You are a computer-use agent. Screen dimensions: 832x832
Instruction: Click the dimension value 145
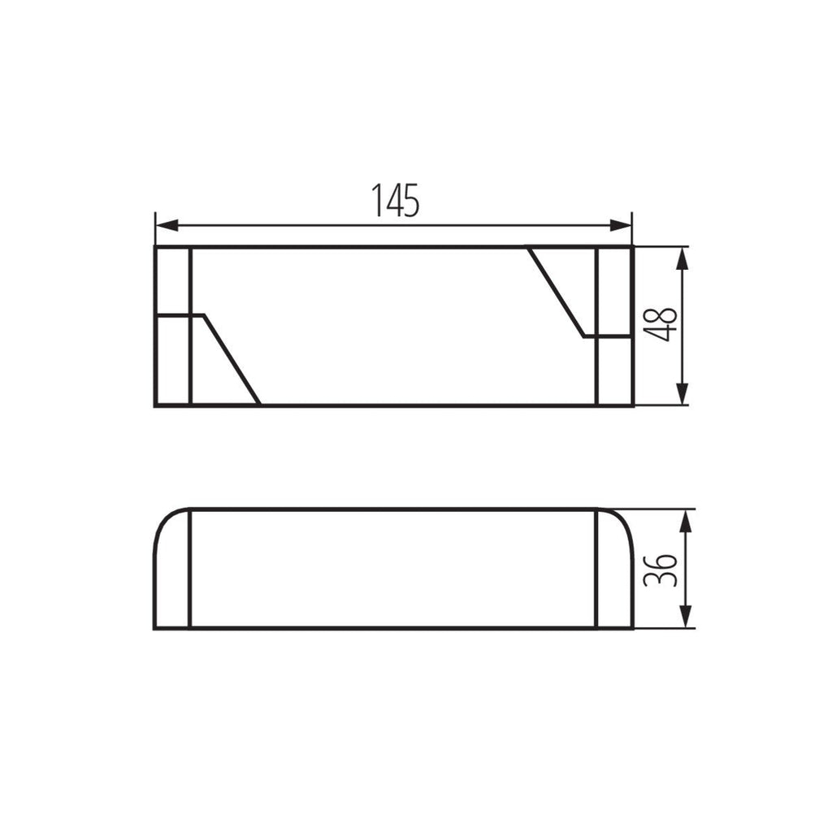point(396,200)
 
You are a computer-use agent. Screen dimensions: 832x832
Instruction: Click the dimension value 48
point(660,324)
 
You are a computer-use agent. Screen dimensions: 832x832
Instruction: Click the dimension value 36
point(660,570)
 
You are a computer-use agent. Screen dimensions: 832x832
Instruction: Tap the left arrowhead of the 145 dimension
point(167,226)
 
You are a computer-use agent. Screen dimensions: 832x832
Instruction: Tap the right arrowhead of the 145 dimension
point(621,226)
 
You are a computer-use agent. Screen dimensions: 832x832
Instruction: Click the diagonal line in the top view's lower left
point(232,360)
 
